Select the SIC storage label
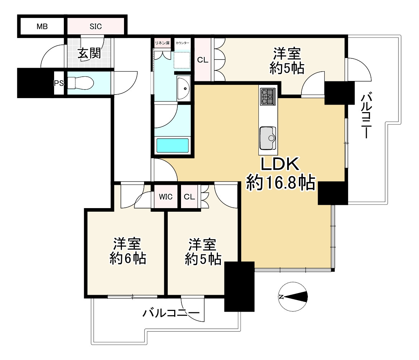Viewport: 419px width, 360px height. tap(95, 26)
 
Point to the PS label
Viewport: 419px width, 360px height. tap(58, 83)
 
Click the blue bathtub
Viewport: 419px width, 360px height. tap(172, 146)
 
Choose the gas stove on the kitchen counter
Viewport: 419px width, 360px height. tap(267, 96)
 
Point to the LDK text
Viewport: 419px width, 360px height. tap(280, 165)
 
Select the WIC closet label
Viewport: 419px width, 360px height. tap(166, 197)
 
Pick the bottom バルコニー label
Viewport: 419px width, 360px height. tap(171, 313)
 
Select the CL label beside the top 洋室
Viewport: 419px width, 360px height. tap(203, 60)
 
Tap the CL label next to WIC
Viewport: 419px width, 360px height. tap(189, 197)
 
